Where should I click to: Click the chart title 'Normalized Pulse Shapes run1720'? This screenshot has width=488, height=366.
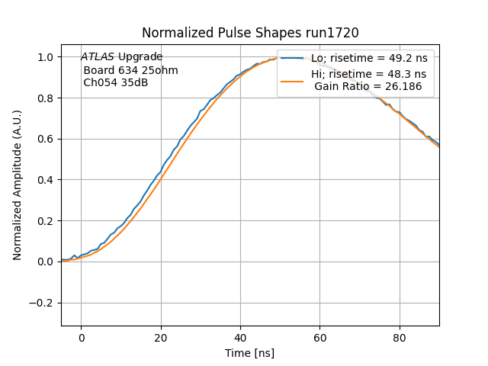click(x=250, y=33)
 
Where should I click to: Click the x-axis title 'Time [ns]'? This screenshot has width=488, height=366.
click(x=250, y=353)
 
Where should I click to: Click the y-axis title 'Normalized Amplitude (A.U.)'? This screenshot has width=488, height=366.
click(x=18, y=185)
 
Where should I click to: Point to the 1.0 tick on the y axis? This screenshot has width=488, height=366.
click(x=46, y=57)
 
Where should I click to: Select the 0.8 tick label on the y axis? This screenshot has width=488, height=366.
click(x=46, y=98)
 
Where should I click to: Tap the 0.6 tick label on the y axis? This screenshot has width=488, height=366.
click(x=46, y=139)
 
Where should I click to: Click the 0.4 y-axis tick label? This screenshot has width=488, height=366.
click(x=46, y=180)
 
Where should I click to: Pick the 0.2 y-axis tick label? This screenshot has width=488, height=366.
click(x=46, y=221)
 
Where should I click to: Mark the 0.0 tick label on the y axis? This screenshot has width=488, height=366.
click(x=46, y=262)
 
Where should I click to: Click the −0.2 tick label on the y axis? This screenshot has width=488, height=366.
click(x=43, y=303)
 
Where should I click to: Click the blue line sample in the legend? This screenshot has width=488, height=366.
click(x=293, y=59)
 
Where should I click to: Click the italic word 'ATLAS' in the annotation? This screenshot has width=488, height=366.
click(x=98, y=57)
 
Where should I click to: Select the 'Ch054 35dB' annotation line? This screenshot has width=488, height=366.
click(x=116, y=83)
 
